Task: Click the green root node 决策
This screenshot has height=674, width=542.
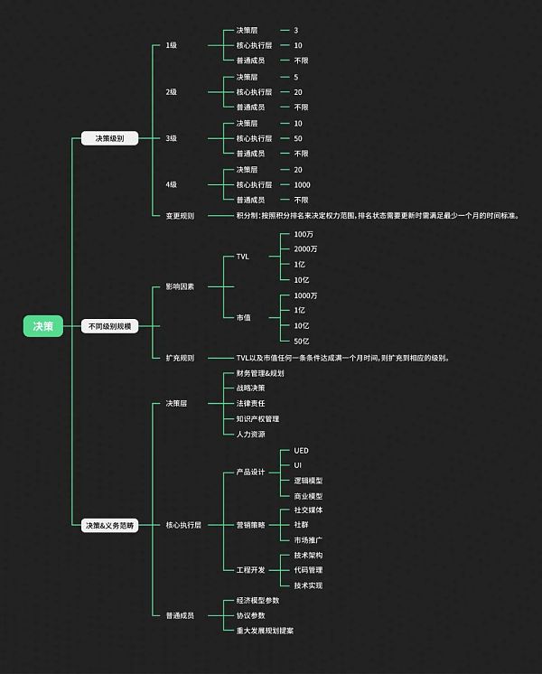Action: (43, 326)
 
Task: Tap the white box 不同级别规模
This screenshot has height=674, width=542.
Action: (109, 326)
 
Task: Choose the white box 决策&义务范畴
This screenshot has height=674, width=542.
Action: (109, 525)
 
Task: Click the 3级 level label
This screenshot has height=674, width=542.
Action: (172, 138)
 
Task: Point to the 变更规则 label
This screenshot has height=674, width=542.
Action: (180, 215)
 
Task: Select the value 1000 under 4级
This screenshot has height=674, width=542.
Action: (302, 184)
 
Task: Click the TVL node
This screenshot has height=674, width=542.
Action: (242, 257)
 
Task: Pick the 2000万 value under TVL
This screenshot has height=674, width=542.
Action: (305, 248)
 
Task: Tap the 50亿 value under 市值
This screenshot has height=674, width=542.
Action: (302, 341)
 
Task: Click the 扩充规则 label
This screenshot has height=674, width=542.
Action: (180, 357)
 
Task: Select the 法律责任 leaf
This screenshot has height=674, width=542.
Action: (251, 403)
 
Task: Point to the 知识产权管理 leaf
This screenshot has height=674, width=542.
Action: (257, 418)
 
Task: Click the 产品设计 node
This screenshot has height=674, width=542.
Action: (251, 472)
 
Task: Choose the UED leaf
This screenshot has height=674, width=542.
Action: (302, 449)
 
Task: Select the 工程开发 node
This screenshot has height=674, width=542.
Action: (251, 570)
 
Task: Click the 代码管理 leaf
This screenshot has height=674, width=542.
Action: (308, 570)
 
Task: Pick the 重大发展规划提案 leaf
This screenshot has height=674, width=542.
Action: (265, 630)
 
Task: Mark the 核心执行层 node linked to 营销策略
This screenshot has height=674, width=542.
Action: (183, 524)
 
